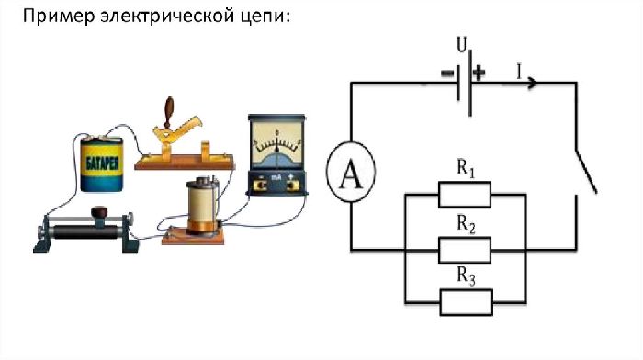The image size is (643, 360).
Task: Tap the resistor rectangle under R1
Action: point(465,195)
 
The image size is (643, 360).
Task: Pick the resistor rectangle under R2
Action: point(465,248)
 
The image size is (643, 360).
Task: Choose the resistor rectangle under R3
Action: point(465,301)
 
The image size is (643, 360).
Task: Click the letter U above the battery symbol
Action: point(462,44)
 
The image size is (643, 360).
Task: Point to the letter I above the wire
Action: point(520,69)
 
